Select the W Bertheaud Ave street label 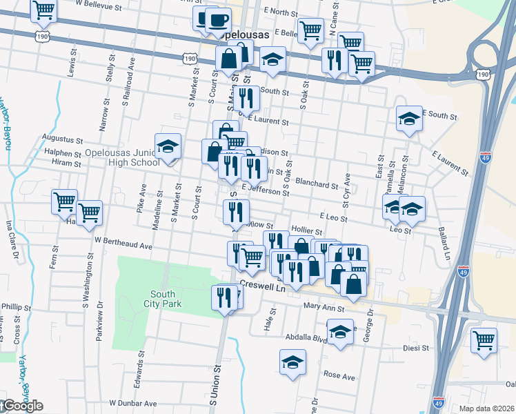click(123, 245)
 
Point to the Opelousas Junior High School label click(123, 157)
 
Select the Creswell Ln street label click(262, 284)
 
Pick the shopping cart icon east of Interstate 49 click(484, 339)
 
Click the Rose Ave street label click(339, 377)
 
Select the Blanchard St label click(317, 184)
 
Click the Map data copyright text click(487, 408)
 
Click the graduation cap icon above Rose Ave click(292, 362)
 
